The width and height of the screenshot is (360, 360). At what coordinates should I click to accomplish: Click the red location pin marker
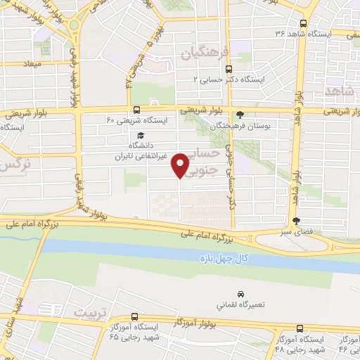[180, 165]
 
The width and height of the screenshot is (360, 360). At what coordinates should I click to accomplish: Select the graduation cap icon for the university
[140, 136]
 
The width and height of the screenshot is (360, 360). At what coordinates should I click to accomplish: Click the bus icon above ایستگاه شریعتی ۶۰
[136, 110]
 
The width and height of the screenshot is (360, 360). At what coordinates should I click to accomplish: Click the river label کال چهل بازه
[224, 259]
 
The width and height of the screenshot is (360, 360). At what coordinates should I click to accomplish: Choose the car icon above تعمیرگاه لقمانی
[240, 293]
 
